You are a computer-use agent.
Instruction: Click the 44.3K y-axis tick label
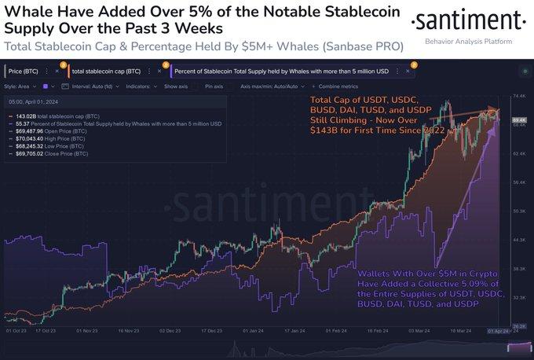518,239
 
